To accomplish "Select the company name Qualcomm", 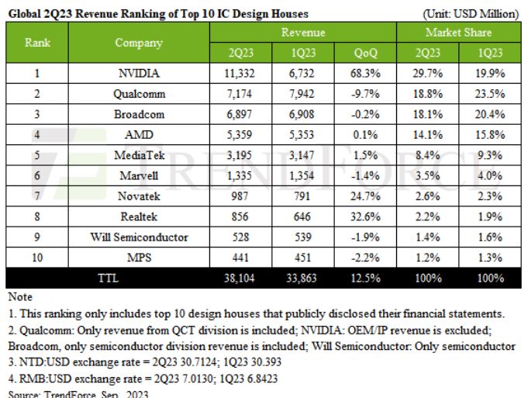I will coord(139,94).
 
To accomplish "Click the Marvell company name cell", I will coord(139,175).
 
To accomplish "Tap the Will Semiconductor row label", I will coord(139,237).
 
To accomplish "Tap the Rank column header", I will coord(38,43).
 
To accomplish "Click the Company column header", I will coord(139,43).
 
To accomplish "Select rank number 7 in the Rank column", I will coord(38,196).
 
